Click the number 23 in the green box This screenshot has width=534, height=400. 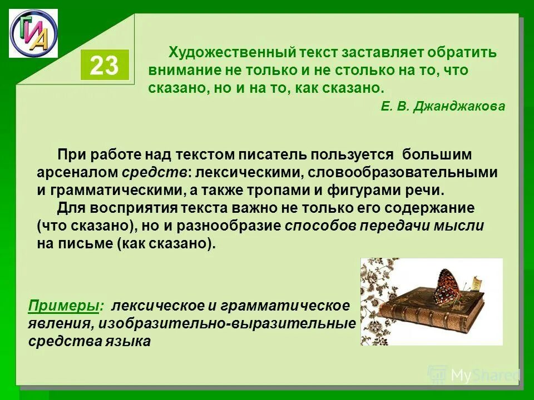tap(105, 66)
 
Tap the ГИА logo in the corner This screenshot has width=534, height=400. tap(33, 33)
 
